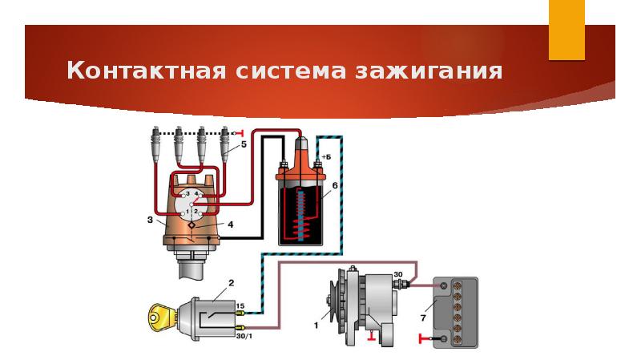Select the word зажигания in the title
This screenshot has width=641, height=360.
pos(433,71)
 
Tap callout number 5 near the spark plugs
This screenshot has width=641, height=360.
pos(244,144)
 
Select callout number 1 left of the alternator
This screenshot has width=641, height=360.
pos(316,326)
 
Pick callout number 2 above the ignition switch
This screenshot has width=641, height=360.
pos(231,283)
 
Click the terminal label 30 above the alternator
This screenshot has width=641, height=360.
pos(398,275)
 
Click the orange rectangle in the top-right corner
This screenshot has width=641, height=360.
pos(566,30)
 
